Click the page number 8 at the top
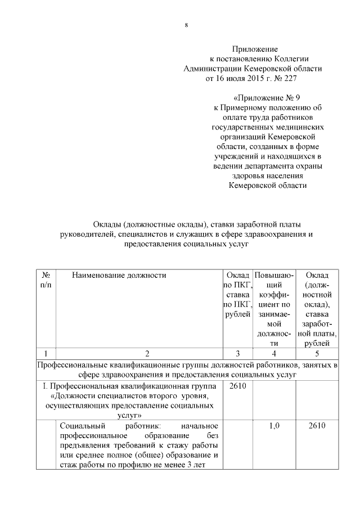186,24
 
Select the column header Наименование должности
119,276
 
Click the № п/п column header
46,281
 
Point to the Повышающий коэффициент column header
273,309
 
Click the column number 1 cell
46,354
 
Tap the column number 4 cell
273,354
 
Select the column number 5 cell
317,354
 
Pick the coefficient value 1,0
273,426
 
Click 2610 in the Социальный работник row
317,426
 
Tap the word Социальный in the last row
79,426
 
